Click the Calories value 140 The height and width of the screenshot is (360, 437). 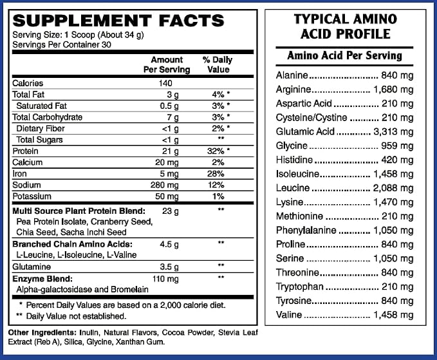point(165,83)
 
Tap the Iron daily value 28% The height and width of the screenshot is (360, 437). point(216,174)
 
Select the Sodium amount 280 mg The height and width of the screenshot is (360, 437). point(164,185)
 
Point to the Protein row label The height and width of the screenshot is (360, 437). point(25,151)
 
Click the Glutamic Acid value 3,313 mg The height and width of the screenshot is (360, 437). point(393,131)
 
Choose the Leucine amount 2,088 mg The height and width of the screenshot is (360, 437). point(393,188)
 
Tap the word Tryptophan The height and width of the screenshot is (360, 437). point(300,287)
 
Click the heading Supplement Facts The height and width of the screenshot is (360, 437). point(118,21)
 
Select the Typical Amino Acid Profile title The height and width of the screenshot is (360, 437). point(346,26)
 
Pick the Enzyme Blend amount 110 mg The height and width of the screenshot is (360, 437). point(165,279)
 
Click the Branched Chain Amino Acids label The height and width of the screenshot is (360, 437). point(73,244)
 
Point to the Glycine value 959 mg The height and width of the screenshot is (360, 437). point(397,146)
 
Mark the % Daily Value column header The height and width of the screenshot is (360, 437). point(218,64)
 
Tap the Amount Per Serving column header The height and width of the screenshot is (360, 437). point(167,64)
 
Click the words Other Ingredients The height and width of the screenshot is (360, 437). point(42,333)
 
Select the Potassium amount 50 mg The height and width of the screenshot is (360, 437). point(167,196)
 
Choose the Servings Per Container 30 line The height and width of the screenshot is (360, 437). point(62,45)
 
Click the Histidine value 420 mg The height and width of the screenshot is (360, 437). point(397,160)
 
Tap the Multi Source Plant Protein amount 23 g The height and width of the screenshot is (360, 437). point(171,211)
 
